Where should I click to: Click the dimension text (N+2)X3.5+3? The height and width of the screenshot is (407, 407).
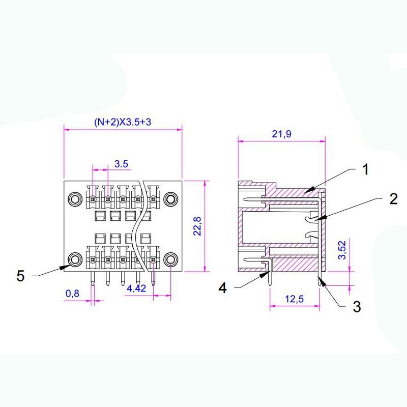point(122,123)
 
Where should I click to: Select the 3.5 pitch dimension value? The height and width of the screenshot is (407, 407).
point(121,164)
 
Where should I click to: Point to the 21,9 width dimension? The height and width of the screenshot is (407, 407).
point(281,134)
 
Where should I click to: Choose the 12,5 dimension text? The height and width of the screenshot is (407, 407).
point(294,299)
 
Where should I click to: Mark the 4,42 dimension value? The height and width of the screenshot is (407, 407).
point(136,288)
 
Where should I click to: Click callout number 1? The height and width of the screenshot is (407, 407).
point(365,169)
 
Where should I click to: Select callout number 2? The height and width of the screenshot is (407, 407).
point(393,199)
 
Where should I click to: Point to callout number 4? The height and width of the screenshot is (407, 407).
point(222,288)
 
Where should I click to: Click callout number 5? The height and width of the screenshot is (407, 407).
point(20,276)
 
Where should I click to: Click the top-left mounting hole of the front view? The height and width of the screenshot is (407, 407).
point(75,198)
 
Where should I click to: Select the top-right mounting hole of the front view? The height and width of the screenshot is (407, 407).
point(171,198)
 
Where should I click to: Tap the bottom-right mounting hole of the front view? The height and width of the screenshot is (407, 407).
point(171,259)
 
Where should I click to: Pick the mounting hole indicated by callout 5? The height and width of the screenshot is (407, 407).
point(75,259)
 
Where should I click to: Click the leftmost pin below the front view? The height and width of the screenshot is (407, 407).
point(93,278)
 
